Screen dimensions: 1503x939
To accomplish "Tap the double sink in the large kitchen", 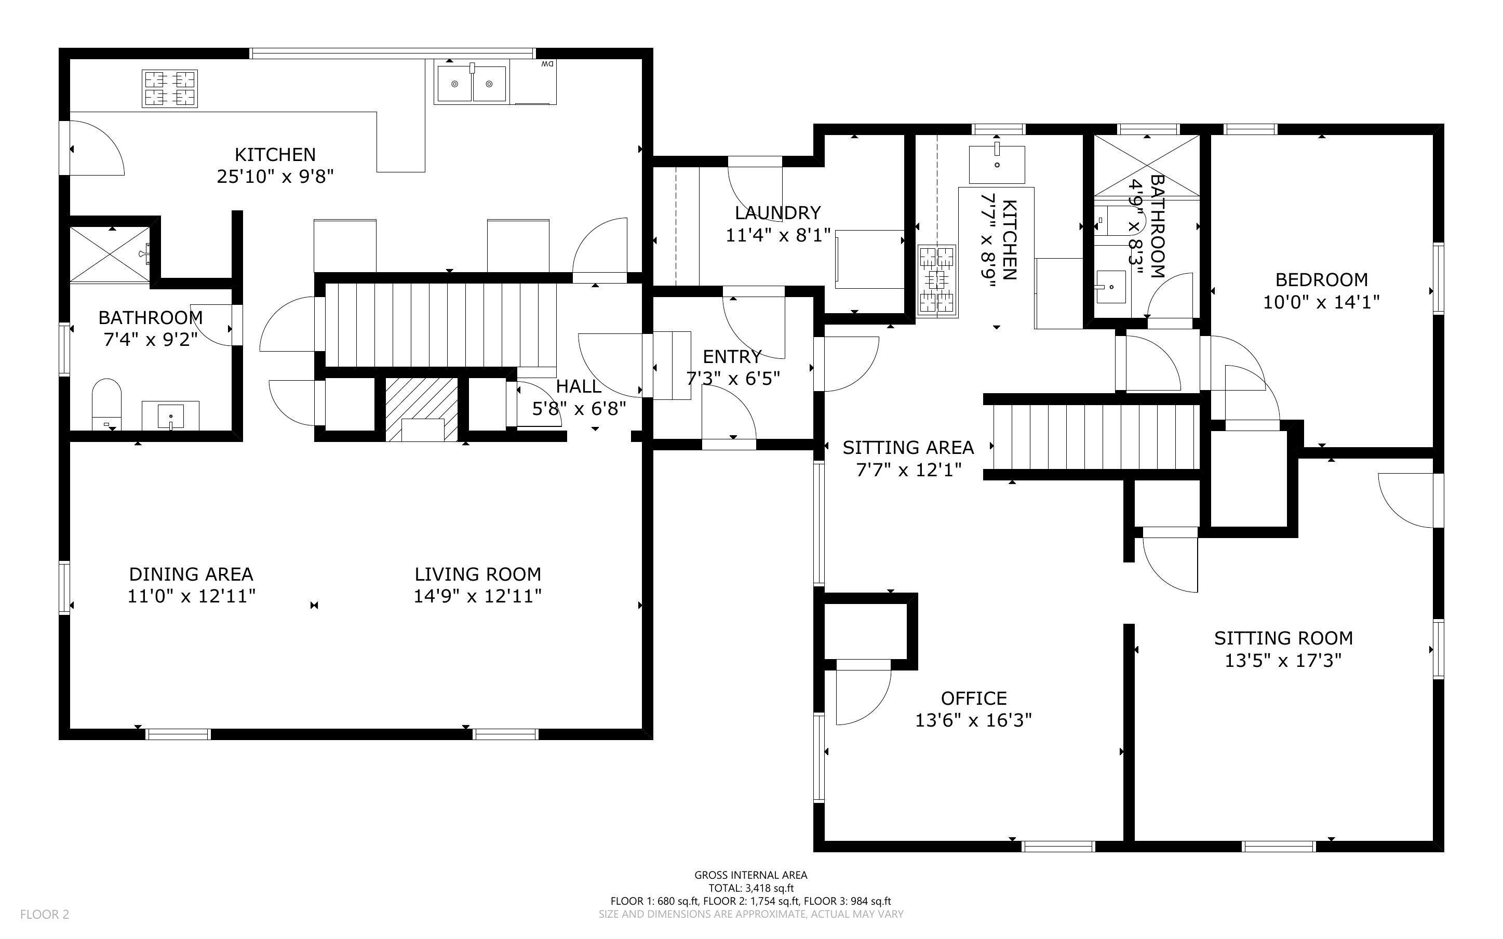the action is [x=472, y=83].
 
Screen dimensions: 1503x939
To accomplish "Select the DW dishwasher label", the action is [x=547, y=64].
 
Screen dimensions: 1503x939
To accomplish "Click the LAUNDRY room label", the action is [x=778, y=213].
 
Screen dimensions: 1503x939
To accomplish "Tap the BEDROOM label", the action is [x=1322, y=279].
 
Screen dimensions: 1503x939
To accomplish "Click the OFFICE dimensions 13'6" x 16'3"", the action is [x=973, y=720].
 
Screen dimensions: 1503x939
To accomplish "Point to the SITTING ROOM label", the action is [x=1283, y=638].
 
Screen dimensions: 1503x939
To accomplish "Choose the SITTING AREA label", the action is [x=908, y=447].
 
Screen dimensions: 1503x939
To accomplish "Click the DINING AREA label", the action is [x=191, y=574].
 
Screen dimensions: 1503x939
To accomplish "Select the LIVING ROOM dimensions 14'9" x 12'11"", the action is [x=477, y=596].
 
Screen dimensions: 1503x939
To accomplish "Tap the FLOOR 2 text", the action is [x=45, y=914].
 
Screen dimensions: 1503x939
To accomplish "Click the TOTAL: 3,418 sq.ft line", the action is [x=751, y=888].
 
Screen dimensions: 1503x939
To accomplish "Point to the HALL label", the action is [x=579, y=386].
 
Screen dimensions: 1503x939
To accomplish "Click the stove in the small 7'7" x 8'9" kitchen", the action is [x=937, y=282].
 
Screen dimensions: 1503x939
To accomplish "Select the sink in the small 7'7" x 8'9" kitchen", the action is [x=997, y=163].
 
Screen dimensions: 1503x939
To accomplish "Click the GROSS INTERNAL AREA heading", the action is [x=750, y=875].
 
